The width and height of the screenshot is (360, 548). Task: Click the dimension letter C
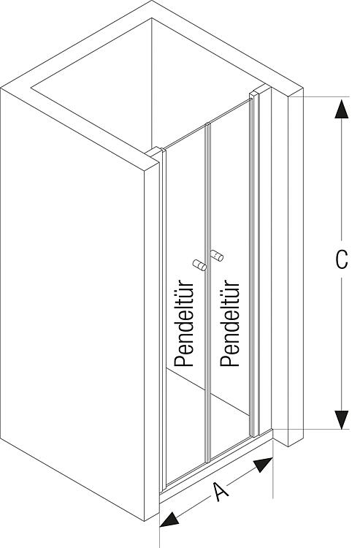point(341,259)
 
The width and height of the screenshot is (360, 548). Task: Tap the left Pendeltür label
point(184,323)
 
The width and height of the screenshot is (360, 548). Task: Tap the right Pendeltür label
point(230,323)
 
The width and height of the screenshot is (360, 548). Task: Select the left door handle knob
point(200,265)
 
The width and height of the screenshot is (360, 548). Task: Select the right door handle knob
point(217,256)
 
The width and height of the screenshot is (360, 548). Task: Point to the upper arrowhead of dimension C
point(341,109)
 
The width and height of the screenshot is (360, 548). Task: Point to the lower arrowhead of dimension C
point(341,419)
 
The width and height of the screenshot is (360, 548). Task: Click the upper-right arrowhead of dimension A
point(264,465)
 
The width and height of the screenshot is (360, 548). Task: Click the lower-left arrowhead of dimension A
point(169,519)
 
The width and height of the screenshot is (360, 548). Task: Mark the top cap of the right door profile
point(254,94)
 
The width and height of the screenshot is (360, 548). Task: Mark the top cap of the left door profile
point(154,152)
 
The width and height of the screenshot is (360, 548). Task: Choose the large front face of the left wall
point(72,305)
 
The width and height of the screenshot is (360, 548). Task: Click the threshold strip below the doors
point(216,465)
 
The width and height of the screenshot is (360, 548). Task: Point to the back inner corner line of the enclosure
point(152,84)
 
